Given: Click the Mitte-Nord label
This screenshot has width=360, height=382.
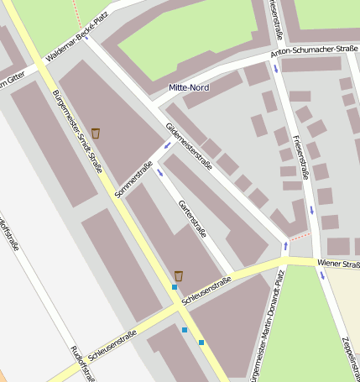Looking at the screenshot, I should (189, 87).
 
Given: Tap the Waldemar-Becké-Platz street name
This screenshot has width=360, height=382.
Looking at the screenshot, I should (78, 44).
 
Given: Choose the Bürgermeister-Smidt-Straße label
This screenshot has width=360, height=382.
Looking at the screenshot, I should (76, 131).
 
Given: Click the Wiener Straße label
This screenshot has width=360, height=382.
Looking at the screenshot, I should (338, 265).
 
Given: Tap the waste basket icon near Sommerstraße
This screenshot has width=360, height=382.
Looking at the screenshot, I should (96, 133).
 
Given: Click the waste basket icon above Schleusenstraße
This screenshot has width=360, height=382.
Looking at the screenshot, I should (179, 275).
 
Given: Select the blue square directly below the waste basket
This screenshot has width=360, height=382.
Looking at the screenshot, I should (175, 288).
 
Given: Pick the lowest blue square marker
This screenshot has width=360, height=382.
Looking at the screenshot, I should (201, 343).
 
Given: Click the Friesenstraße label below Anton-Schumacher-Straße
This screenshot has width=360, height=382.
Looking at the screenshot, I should (300, 157).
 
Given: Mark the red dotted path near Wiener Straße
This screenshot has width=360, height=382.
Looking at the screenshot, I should (300, 238).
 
